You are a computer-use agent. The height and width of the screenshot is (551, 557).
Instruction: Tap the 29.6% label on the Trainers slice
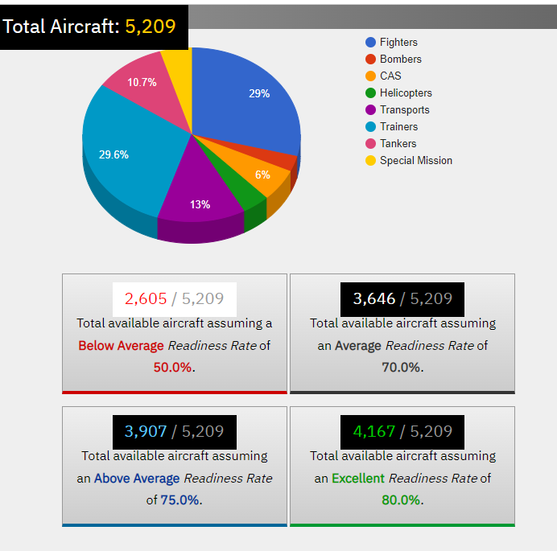tap(113, 154)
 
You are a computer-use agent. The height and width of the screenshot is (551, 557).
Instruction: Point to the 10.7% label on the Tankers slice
tap(142, 82)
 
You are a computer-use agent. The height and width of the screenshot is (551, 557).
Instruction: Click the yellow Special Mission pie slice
tap(178, 64)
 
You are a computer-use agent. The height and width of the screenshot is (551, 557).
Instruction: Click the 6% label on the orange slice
tap(262, 175)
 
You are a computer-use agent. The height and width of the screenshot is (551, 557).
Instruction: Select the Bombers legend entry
tap(400, 59)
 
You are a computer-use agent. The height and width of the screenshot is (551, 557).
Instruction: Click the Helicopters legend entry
tap(406, 93)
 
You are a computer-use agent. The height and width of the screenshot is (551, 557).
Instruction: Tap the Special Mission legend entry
tap(415, 160)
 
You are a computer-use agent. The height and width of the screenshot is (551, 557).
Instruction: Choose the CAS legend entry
tap(390, 76)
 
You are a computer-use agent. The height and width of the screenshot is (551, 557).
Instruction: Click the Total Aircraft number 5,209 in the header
tap(150, 27)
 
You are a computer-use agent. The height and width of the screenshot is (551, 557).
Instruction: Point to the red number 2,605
tap(146, 298)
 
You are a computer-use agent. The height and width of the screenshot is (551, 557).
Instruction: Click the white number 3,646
tap(374, 298)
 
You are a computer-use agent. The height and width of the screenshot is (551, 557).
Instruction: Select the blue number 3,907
tap(146, 431)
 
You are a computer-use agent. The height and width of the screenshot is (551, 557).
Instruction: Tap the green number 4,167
tap(374, 431)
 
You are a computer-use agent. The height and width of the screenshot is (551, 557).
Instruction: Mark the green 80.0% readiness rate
tap(401, 500)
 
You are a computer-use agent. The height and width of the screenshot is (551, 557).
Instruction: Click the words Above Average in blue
tap(137, 478)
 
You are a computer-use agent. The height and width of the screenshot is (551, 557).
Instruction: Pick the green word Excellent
tap(358, 478)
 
